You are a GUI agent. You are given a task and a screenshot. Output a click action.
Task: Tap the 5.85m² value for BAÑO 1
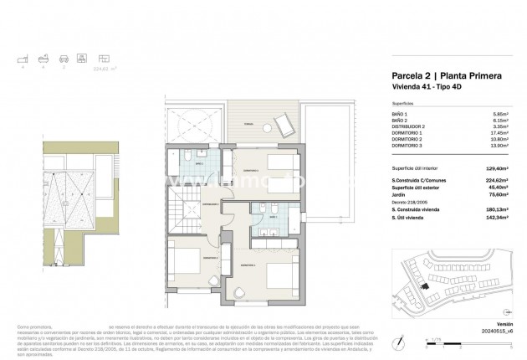point(499,113)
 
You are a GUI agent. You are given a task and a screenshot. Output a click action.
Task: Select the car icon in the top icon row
point(61,59)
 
